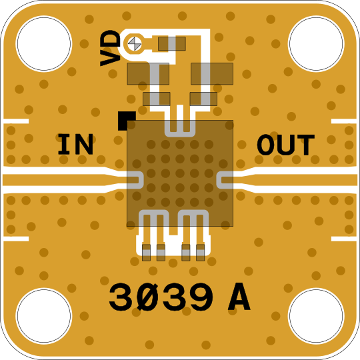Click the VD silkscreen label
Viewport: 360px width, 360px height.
110,48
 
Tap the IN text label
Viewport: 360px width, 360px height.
75,144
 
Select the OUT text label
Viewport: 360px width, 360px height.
286,145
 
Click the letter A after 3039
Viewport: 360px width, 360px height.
239,297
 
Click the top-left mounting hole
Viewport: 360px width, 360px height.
44,43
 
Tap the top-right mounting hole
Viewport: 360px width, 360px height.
316,43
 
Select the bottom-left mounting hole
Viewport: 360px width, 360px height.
44,316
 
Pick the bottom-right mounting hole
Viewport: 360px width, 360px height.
316,316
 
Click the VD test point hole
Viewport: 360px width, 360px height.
135,44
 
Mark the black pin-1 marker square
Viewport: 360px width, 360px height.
127,121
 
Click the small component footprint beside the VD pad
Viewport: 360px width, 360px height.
172,43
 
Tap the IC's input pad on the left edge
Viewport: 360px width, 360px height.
135,180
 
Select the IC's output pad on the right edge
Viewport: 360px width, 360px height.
225,180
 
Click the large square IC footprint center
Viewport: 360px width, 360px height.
180,173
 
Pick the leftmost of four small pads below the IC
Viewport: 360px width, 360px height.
146,253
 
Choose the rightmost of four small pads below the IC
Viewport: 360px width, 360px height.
201,253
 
